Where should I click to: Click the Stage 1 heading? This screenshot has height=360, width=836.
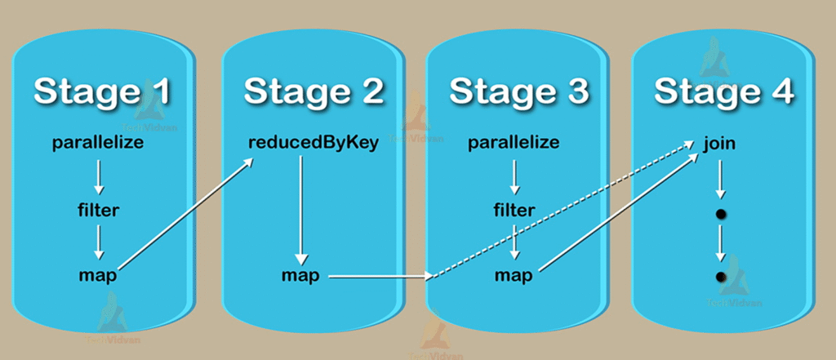102,91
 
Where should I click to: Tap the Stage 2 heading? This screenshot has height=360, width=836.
313,91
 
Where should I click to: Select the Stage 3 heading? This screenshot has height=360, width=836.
518,91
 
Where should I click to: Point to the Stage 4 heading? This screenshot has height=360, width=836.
723,91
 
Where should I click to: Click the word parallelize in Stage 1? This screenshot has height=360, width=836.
98,143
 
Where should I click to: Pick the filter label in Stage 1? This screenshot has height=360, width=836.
98,210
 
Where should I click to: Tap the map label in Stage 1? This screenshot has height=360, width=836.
98,275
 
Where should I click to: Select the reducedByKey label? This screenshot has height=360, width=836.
313,143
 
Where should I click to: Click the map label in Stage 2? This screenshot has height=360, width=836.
300,275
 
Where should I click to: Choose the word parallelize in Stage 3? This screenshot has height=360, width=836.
514,143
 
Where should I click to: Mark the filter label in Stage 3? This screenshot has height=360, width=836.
514,210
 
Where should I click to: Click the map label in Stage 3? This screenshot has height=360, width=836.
514,275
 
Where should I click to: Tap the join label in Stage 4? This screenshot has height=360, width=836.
719,144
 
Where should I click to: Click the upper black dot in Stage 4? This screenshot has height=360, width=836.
720,214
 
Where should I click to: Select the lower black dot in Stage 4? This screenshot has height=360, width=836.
720,277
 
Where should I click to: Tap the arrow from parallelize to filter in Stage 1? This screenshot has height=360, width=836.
98,176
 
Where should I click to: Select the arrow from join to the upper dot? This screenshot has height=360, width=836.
719,178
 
